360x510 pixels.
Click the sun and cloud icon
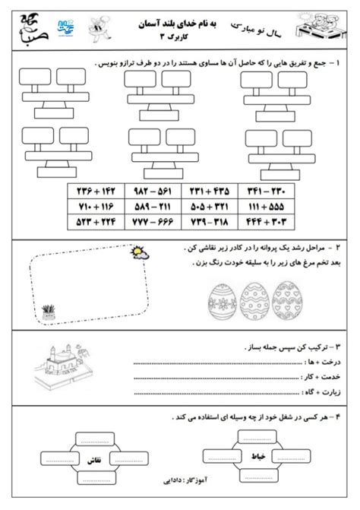(x=139, y=257)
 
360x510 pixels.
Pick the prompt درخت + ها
(x=325, y=363)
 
